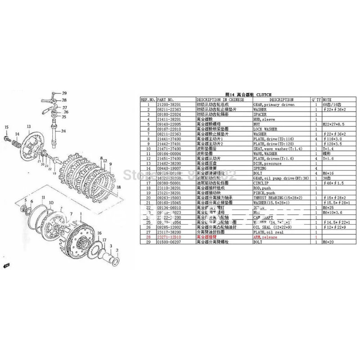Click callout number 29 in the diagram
[x=64, y=92]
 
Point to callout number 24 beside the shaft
[x=63, y=131]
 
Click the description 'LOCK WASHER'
[x=265, y=128]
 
